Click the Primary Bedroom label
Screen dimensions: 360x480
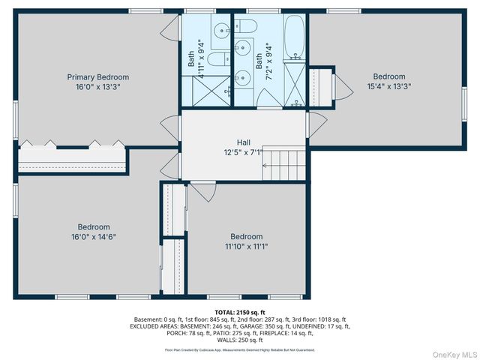tap(97, 77)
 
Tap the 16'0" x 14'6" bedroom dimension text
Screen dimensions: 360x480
tap(93, 236)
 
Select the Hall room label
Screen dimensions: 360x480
tap(244, 142)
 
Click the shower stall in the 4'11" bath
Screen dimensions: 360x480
tap(205, 91)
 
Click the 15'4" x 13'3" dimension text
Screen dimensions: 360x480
tap(389, 86)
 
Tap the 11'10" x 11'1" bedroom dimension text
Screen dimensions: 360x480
tap(246, 245)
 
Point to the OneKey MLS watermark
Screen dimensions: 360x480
tap(454, 353)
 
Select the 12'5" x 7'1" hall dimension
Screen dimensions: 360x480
tap(244, 152)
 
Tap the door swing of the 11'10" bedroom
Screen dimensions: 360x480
tap(201, 190)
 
